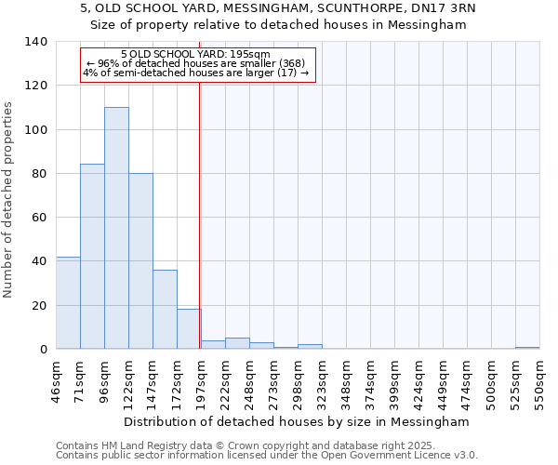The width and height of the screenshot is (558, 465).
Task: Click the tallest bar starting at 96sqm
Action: tap(116, 228)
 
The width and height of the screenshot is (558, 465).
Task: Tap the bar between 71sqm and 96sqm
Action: tap(92, 256)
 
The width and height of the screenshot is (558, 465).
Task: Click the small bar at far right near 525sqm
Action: tap(527, 348)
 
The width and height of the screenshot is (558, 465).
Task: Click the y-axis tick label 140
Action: tap(36, 42)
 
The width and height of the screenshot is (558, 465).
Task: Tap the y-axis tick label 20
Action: tap(40, 305)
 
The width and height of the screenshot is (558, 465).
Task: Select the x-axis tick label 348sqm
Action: tap(346, 383)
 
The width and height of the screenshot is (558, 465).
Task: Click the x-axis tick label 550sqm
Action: tap(539, 383)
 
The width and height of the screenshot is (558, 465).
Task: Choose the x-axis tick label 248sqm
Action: tap(249, 383)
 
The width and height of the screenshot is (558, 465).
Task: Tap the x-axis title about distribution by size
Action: tap(297, 421)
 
